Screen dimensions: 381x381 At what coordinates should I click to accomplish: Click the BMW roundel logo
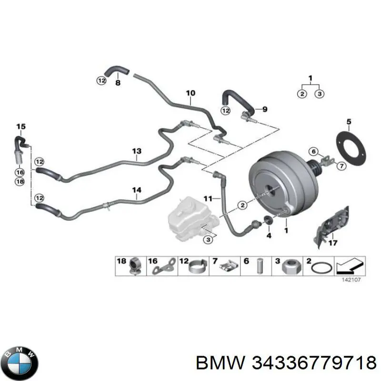[21, 363]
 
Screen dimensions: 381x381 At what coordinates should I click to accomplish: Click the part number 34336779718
[314, 363]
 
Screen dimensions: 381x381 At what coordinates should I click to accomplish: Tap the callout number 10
[190, 93]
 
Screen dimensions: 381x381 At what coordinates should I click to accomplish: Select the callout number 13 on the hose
[137, 151]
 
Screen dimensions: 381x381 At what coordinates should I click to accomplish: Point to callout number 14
[137, 190]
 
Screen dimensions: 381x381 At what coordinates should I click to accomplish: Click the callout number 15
[20, 127]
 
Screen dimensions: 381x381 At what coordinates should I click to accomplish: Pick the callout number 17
[332, 243]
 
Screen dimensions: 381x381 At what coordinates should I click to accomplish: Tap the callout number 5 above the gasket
[349, 121]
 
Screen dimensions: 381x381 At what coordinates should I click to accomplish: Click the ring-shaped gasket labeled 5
[351, 149]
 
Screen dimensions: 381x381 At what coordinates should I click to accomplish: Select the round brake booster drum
[283, 185]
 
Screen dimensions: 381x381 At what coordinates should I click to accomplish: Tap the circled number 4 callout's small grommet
[268, 219]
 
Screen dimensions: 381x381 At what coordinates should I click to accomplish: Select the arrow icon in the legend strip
[350, 266]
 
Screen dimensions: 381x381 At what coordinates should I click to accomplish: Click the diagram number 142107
[351, 280]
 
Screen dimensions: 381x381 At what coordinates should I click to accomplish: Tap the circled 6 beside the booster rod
[314, 151]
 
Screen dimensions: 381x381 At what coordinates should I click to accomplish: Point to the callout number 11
[208, 199]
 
